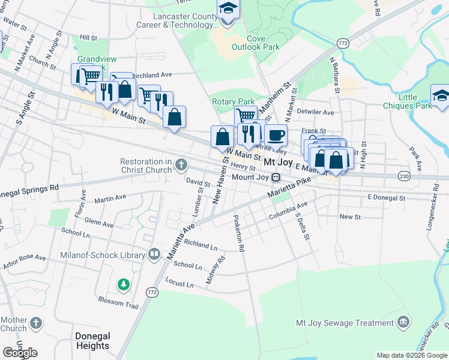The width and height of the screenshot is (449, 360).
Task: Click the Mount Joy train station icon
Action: click(x=276, y=178)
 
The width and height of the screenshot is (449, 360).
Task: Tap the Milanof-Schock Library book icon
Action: click(x=154, y=254)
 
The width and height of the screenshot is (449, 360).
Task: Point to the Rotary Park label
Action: click(x=234, y=102)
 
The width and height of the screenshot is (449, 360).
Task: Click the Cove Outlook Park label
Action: click(x=256, y=42)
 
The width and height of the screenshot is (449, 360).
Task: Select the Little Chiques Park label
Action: click(x=415, y=101)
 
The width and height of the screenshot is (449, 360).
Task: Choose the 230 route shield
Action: click(x=405, y=176)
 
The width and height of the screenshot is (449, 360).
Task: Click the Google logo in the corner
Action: click(x=20, y=353)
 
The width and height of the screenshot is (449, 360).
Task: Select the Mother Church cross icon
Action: click(x=36, y=324)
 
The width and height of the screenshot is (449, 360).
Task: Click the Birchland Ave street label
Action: click(x=152, y=76)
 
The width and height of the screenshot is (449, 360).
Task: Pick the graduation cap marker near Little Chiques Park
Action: click(x=439, y=96)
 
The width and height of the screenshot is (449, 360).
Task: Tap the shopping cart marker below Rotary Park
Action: click(x=245, y=115)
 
